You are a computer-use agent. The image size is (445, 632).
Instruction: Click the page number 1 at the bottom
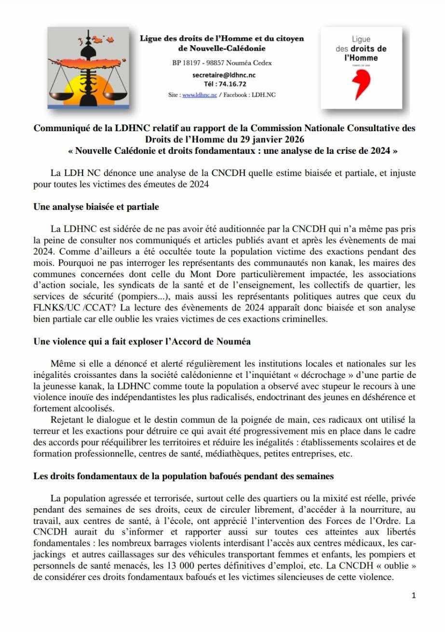pyautogui.click(x=413, y=595)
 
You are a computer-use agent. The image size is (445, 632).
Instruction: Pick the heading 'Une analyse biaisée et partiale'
pyautogui.click(x=96, y=207)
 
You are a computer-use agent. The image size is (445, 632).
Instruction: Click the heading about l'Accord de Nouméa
pyautogui.click(x=142, y=341)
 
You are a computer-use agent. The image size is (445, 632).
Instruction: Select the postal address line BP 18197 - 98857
pyautogui.click(x=222, y=63)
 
